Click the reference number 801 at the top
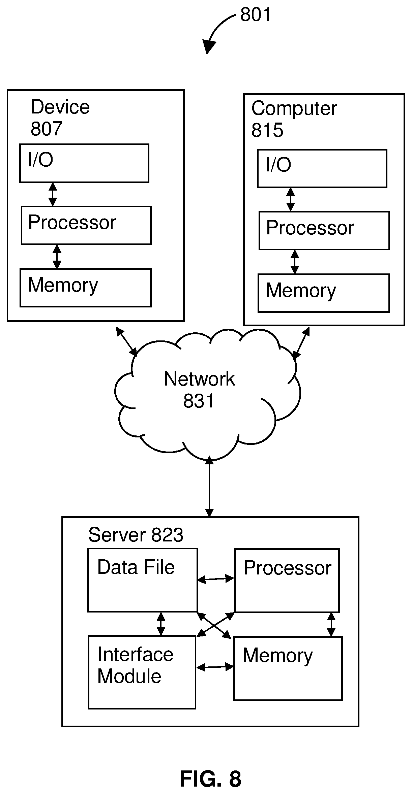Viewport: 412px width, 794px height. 255,15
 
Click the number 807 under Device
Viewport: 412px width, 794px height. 46,129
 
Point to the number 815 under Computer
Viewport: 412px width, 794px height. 267,130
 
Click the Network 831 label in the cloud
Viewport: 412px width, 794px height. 199,390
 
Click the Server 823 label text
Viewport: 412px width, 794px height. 136,535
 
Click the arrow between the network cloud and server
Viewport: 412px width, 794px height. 209,487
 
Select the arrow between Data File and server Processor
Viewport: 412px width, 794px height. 216,579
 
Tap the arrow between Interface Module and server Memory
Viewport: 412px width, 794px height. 215,667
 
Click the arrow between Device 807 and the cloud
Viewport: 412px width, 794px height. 127,341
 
